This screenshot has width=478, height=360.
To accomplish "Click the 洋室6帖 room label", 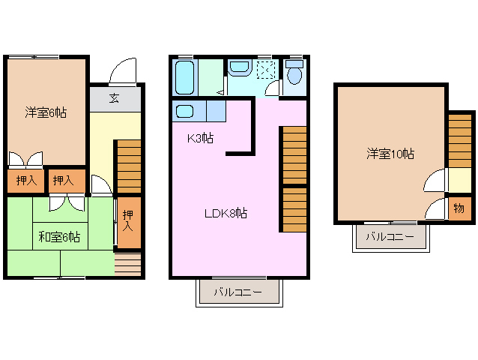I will click(x=46, y=112).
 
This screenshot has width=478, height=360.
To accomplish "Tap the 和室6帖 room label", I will click(x=59, y=237).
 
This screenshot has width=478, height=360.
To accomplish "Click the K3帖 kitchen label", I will click(x=200, y=138).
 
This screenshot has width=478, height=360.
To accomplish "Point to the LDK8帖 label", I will click(x=226, y=213).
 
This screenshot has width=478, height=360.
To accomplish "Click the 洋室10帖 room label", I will click(x=390, y=154).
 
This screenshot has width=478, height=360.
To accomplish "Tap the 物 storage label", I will click(x=459, y=207).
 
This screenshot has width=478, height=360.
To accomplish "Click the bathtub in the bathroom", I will click(x=184, y=76).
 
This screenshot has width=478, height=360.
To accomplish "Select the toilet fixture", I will click(x=294, y=74).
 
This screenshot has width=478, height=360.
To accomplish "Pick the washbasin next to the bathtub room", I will click(x=240, y=69).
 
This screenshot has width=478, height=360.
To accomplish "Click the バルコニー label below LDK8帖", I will click(x=238, y=292).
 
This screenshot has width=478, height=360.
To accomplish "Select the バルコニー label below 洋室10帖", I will click(x=390, y=238).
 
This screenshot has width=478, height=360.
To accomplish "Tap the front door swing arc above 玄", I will click(x=121, y=72).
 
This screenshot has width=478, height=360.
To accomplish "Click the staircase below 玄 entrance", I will click(x=128, y=166).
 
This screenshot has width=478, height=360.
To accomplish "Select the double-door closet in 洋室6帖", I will click(x=25, y=160).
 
